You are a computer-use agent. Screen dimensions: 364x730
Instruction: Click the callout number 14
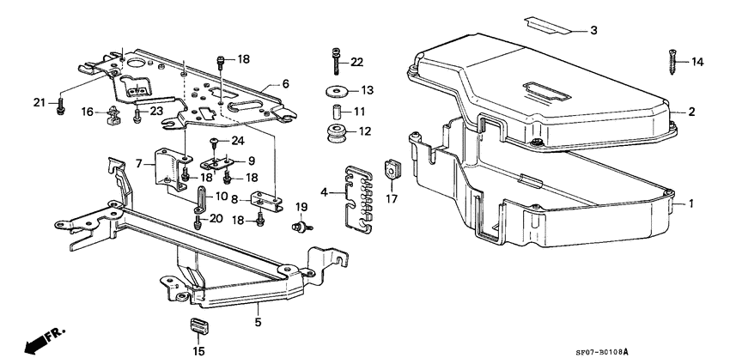(x=697, y=62)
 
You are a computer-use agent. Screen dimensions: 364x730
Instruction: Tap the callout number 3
(x=593, y=31)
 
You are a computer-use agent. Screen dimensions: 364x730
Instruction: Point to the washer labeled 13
(x=335, y=91)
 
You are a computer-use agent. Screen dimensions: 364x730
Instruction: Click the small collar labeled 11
(x=337, y=112)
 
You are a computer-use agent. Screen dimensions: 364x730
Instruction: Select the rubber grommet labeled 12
(x=335, y=134)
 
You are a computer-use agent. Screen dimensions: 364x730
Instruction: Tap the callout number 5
(x=257, y=324)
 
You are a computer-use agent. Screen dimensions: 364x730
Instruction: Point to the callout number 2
(x=691, y=112)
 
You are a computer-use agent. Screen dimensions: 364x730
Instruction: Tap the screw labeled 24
(x=215, y=141)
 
